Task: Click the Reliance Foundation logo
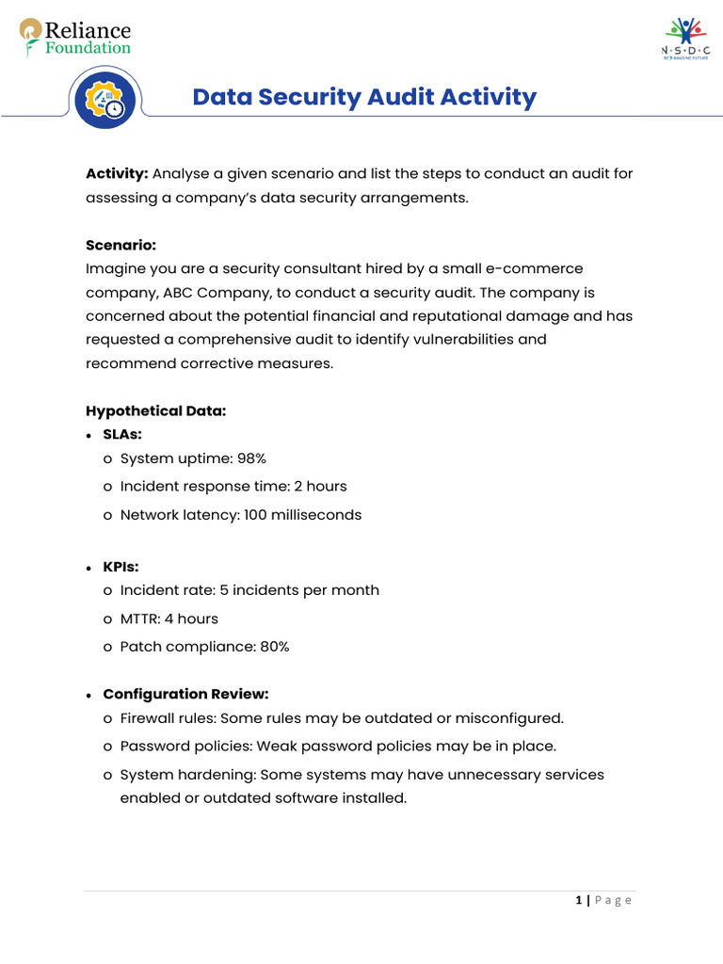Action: [x=75, y=37]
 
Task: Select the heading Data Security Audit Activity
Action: [x=364, y=97]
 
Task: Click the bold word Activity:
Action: [x=117, y=174]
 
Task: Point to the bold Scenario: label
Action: [x=120, y=245]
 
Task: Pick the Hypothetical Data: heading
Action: [x=156, y=410]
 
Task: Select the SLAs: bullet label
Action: [x=122, y=434]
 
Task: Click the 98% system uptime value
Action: [x=251, y=458]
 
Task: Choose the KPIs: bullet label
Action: [x=121, y=567]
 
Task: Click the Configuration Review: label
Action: [x=185, y=694]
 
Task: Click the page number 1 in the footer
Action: [x=578, y=901]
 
